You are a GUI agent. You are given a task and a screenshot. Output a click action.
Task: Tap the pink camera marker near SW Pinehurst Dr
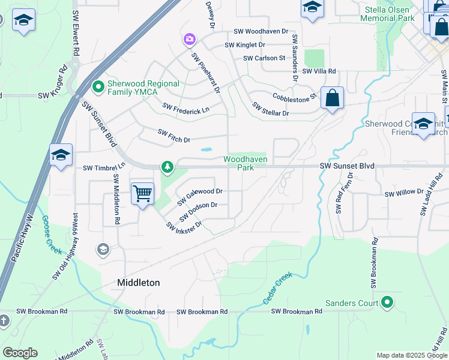190,40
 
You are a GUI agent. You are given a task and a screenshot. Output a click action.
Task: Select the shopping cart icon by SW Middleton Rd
142,194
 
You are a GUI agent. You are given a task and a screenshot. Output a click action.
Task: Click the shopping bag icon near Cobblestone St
332,98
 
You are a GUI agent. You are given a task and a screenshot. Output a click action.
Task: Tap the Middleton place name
139,283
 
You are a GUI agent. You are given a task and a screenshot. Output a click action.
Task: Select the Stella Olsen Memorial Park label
387,14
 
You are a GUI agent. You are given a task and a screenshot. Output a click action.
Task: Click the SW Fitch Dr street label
173,136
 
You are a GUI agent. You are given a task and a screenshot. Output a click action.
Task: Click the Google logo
20,353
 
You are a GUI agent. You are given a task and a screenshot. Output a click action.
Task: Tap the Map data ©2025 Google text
412,355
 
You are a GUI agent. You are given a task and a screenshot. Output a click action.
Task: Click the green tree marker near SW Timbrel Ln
166,166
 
